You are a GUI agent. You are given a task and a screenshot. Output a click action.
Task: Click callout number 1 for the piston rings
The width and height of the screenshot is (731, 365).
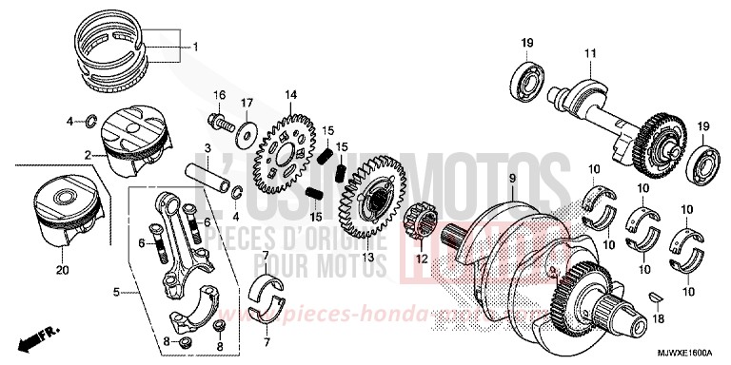click(196, 47)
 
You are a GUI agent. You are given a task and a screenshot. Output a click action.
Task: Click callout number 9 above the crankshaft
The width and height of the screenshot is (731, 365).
click(511, 179)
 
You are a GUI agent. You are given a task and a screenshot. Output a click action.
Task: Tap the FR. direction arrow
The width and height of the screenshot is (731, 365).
click(37, 335)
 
